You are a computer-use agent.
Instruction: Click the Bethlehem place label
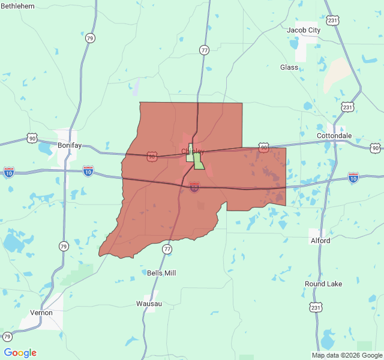pos(17,5)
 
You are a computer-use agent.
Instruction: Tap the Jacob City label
pos(304,30)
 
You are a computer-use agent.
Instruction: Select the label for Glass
pos(289,67)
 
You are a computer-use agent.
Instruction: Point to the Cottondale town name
pos(334,136)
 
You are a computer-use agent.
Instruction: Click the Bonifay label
pos(70,145)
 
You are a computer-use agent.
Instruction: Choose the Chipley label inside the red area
pos(193,151)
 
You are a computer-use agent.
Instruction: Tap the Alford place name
pos(320,241)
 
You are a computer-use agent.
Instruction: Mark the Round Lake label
pos(323,284)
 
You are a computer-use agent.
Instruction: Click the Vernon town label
pos(41,313)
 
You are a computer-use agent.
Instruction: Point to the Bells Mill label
pos(161,273)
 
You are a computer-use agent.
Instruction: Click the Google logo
pos(20,353)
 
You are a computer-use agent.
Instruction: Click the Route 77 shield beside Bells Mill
pos(167,248)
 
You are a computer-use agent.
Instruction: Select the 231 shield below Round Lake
pos(316,307)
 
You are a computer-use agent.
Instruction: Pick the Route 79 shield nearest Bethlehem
pos(90,38)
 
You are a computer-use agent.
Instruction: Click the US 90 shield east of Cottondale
pos(375,148)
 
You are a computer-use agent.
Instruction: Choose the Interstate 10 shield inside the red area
pos(194,188)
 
